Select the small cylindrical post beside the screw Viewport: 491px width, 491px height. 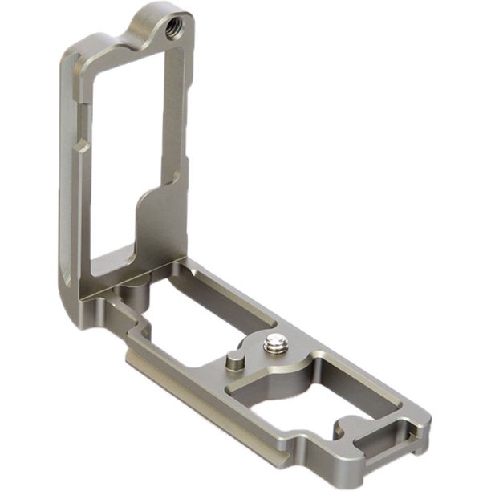pyautogui.click(x=233, y=361)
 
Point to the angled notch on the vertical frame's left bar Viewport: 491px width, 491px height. pyautogui.click(x=82, y=148)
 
